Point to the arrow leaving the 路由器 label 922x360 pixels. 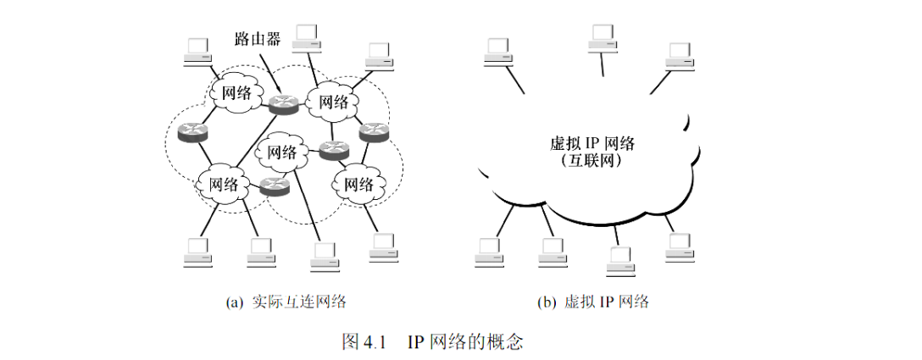[269, 71]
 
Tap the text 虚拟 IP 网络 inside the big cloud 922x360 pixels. [592, 143]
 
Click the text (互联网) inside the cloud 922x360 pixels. [592, 160]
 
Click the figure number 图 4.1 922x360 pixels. [364, 342]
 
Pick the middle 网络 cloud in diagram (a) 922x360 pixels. [281, 152]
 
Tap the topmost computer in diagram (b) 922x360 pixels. [603, 38]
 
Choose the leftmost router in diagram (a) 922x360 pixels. [192, 131]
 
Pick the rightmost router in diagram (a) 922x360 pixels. [373, 131]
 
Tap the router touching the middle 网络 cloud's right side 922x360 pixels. [333, 152]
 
